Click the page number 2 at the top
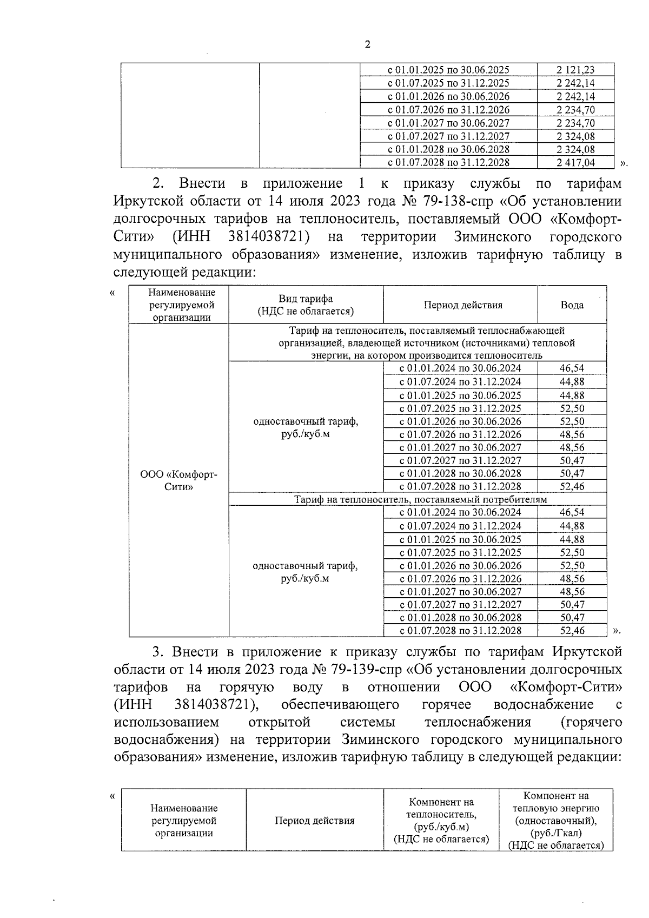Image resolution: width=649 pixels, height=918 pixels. point(367,45)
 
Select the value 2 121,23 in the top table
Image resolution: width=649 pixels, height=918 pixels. point(575,70)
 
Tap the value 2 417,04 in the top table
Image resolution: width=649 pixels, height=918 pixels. point(575,162)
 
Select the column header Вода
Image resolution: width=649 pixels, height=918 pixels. point(572,305)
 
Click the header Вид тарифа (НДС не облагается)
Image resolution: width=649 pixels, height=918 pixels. point(306,305)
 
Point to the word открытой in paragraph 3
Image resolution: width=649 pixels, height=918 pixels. point(280,722)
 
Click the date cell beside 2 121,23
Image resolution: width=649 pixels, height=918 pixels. point(448,70)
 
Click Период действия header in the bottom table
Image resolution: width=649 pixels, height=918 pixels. point(314,820)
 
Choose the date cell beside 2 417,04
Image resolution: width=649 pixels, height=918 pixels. point(448,162)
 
